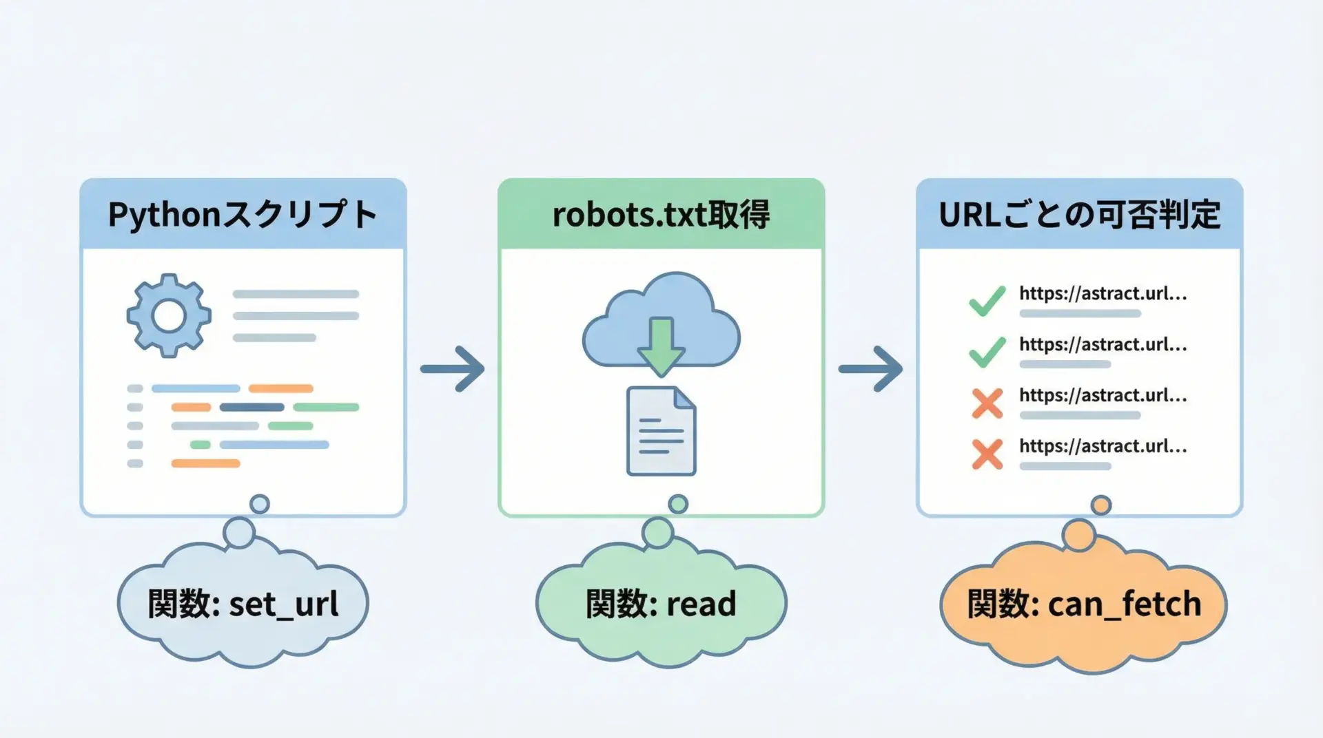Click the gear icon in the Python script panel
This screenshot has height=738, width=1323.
pos(169,316)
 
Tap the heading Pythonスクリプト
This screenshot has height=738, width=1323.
pos(243,215)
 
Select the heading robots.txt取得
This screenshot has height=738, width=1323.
pos(661,215)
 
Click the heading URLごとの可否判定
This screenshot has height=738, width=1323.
pos(1079,215)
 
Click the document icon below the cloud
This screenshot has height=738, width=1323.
pos(661,432)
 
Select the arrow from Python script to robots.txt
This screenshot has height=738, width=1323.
pos(453,369)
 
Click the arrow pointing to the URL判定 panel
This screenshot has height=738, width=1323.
pos(870,369)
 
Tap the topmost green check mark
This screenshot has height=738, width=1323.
pos(987,301)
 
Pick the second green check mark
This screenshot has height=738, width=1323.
pos(987,352)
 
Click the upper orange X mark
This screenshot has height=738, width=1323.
pos(987,403)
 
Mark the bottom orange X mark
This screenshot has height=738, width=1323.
pos(987,454)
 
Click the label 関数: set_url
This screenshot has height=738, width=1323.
pos(243,604)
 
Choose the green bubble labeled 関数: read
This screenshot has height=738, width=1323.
pos(661,604)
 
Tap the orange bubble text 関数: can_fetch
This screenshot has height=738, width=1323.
pos(1084,604)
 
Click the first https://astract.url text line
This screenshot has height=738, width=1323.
pos(1102,294)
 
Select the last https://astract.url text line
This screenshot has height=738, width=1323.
pos(1102,446)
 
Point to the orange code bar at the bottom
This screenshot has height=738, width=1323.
pos(205,463)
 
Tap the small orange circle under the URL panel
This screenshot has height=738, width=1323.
pos(1101,505)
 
